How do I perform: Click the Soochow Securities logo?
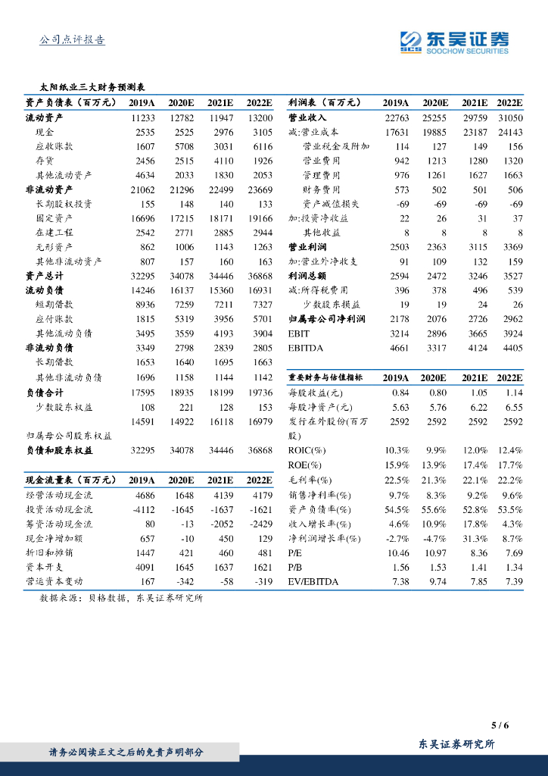tap(454, 42)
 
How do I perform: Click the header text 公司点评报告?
tap(72, 40)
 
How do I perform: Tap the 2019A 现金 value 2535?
tap(145, 132)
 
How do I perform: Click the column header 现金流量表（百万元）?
tap(71, 480)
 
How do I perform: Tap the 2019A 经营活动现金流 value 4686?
tap(145, 495)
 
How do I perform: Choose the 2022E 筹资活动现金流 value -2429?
tap(260, 524)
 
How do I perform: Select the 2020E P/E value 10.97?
tap(435, 552)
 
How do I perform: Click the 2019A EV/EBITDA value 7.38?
tap(398, 581)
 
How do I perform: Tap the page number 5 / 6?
tap(500, 725)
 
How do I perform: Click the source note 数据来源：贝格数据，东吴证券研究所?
tap(121, 598)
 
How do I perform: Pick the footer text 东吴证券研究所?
tap(456, 744)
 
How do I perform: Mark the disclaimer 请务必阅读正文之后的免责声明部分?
tap(126, 752)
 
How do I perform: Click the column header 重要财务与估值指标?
tap(325, 377)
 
